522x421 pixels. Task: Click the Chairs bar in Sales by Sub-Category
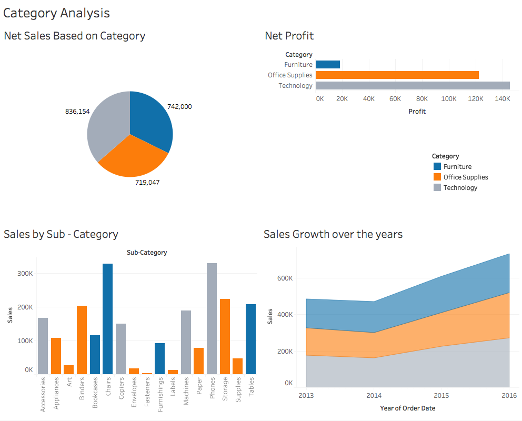107,318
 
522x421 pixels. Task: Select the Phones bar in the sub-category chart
212,318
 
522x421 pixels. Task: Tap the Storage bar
225,337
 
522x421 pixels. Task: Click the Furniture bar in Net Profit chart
327,65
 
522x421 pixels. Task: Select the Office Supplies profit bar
397,75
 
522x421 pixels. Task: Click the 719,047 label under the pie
147,183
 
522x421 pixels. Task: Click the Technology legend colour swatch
437,187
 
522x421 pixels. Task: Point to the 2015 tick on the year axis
441,395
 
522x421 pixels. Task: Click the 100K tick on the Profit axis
448,98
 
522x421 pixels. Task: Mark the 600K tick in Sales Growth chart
285,278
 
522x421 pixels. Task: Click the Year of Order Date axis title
407,408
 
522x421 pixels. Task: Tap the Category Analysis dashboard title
56,13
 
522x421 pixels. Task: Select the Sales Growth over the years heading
333,234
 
